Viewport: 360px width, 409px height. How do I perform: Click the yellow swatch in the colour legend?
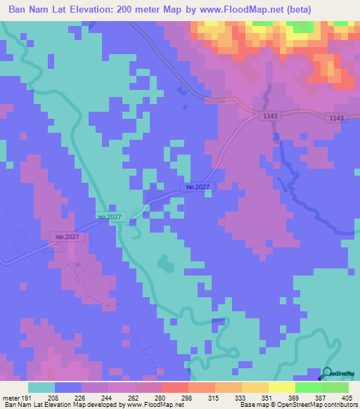pos(281,387)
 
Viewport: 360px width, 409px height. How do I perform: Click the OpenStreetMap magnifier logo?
pos(326,374)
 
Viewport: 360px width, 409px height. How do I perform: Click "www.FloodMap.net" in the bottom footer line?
pos(150,405)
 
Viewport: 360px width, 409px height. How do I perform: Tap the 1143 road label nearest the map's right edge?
pos(335,118)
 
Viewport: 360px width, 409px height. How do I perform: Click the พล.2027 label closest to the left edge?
pos(69,237)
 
